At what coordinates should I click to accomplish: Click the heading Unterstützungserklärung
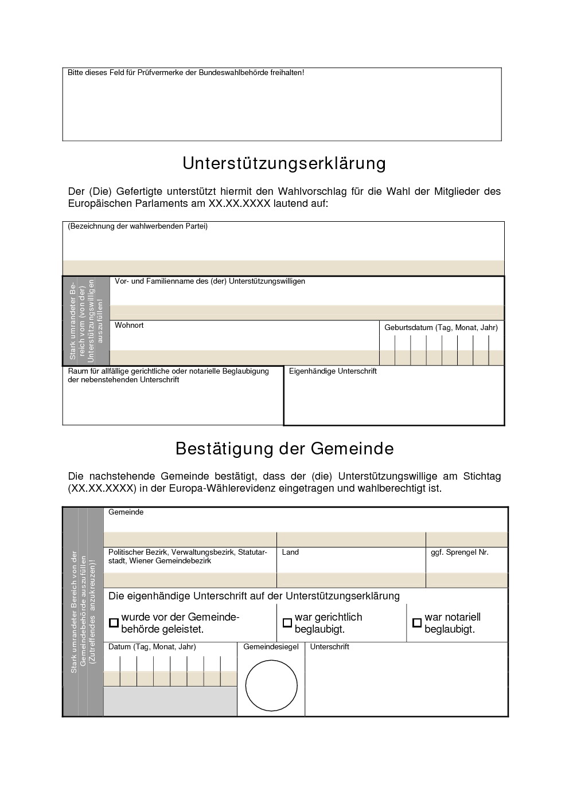tap(284, 164)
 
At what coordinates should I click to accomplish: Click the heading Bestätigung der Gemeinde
tap(284, 448)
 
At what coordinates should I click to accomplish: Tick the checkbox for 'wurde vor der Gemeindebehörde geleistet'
tap(114, 622)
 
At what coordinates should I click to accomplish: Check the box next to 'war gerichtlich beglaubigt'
tap(287, 622)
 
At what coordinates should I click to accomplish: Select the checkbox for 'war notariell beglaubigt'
tap(417, 622)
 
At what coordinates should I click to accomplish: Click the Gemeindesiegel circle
tap(271, 685)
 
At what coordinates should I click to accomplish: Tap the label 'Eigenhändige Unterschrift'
tap(333, 371)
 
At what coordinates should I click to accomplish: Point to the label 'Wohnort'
tap(129, 325)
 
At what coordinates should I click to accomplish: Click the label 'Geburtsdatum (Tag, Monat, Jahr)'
tap(441, 328)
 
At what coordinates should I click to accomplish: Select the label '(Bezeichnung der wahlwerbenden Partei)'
tap(138, 226)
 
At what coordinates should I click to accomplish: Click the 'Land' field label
tap(290, 552)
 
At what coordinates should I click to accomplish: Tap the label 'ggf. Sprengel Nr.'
tap(459, 552)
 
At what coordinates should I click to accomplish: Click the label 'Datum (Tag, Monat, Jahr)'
tap(152, 647)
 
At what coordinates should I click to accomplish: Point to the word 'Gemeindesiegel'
tap(271, 647)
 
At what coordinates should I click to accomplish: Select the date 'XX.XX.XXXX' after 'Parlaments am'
tap(240, 203)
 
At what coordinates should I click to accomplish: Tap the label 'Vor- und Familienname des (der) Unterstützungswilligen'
tap(210, 281)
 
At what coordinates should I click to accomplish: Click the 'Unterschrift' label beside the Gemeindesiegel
tap(329, 647)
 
